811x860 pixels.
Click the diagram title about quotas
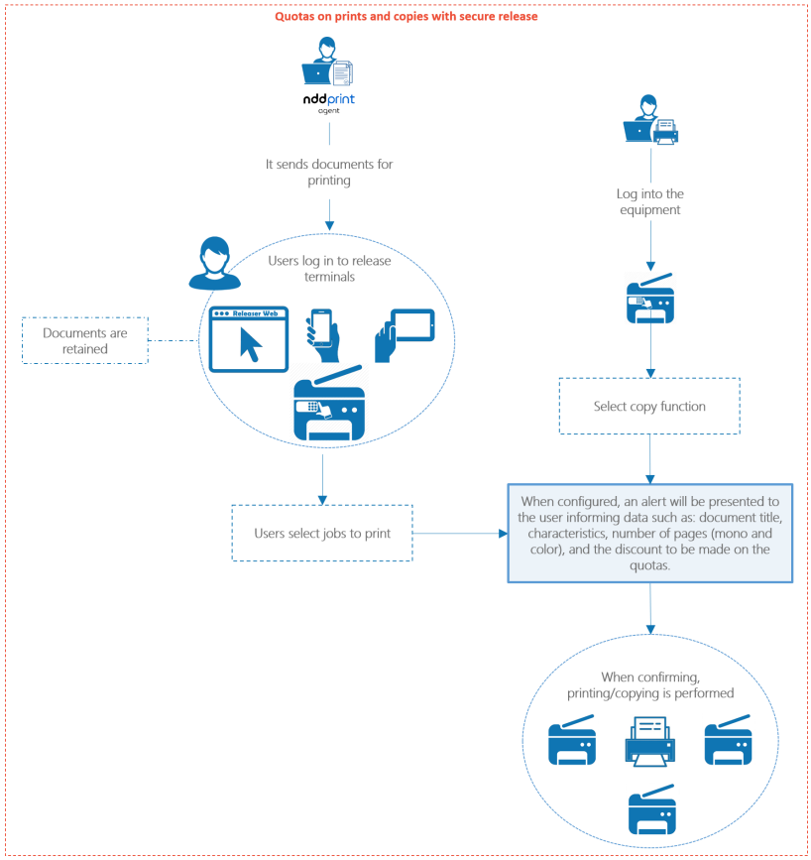point(406,16)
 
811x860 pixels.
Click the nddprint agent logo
point(328,104)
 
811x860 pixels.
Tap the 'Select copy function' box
point(649,406)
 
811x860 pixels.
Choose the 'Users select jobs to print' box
point(322,534)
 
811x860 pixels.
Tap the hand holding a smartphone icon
point(323,335)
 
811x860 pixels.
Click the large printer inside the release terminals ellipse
point(328,402)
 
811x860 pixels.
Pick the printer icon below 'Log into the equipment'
point(649,298)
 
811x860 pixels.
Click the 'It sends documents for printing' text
point(328,173)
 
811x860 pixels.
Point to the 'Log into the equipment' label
point(649,202)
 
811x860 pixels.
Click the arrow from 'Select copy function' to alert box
point(649,458)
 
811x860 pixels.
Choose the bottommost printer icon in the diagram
point(651,812)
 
